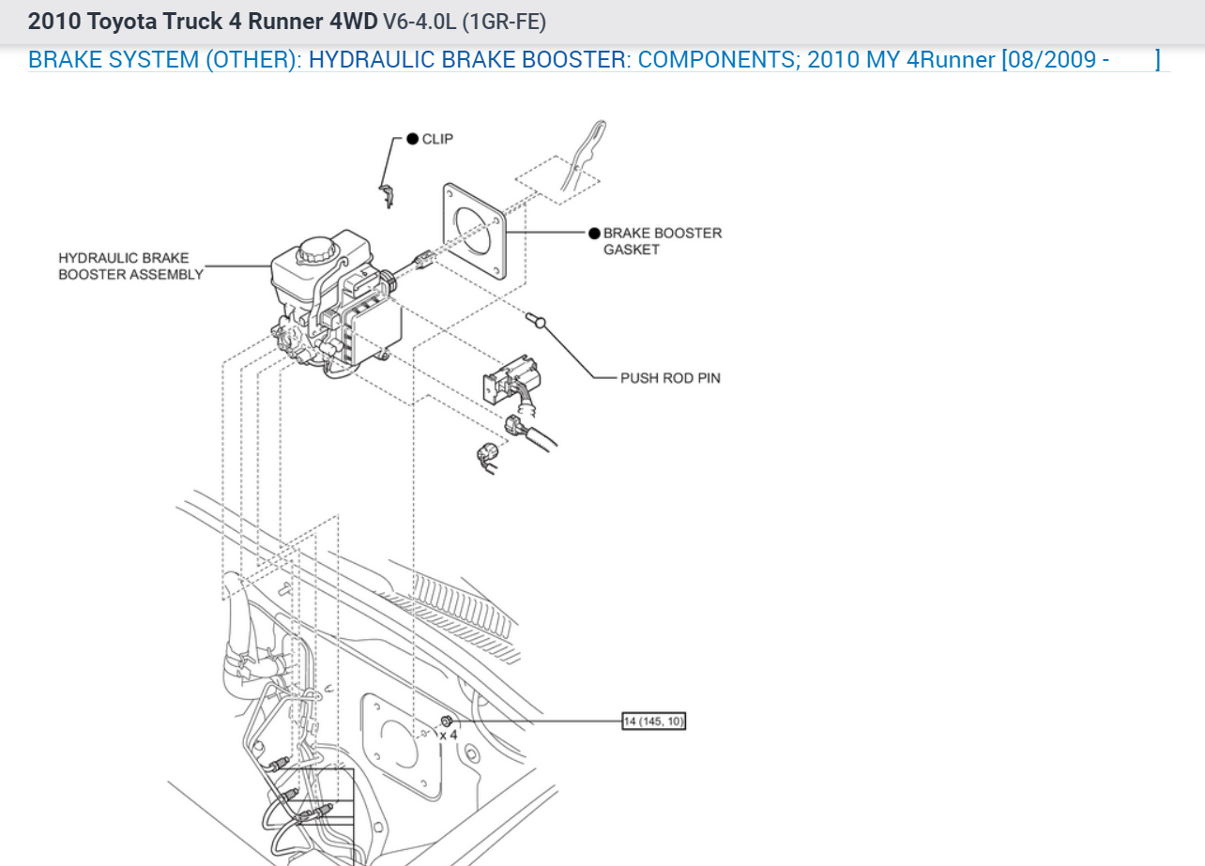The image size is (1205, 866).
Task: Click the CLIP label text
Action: [437, 139]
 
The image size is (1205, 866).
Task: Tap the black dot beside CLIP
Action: [412, 139]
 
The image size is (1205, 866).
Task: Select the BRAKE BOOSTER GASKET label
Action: [662, 241]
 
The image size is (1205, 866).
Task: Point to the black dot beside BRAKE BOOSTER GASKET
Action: [594, 233]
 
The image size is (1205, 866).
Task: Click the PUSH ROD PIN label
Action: [670, 378]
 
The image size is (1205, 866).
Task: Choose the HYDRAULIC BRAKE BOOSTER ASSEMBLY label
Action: [130, 266]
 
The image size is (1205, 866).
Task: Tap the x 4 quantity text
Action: [449, 735]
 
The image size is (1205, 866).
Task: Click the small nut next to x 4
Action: [447, 720]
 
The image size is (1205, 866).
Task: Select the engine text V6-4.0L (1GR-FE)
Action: [464, 21]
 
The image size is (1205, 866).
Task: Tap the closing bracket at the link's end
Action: [1157, 60]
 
